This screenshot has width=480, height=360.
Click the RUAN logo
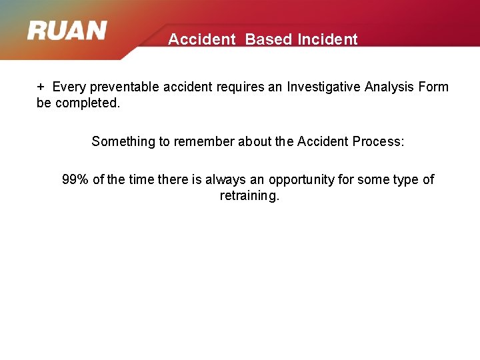pyautogui.click(x=67, y=31)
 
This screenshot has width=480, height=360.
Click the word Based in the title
pyautogui.click(x=268, y=39)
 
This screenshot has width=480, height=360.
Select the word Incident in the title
pyautogui.click(x=327, y=39)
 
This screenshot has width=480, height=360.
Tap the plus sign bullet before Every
pyautogui.click(x=41, y=87)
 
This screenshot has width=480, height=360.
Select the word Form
pyautogui.click(x=434, y=87)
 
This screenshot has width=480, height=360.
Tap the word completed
pyautogui.click(x=87, y=103)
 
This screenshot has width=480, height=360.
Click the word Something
pyautogui.click(x=123, y=141)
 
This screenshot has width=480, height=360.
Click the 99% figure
pyautogui.click(x=76, y=179)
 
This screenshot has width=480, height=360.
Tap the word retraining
pyautogui.click(x=249, y=196)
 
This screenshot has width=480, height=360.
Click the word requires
pyautogui.click(x=237, y=87)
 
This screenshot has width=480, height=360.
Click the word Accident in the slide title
pyautogui.click(x=202, y=39)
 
